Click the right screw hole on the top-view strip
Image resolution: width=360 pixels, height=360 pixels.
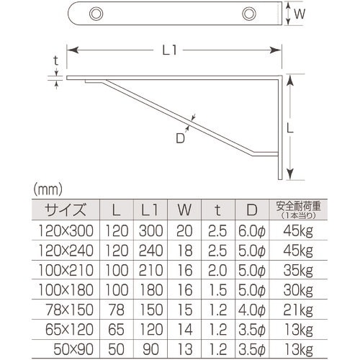[x=249, y=13]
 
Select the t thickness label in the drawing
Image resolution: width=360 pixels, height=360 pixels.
[x=55, y=63]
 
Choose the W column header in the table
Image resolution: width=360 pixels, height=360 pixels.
[x=184, y=210]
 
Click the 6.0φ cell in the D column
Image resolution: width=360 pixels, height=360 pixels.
[x=252, y=231]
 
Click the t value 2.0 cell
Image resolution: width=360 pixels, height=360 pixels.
[x=218, y=271]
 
